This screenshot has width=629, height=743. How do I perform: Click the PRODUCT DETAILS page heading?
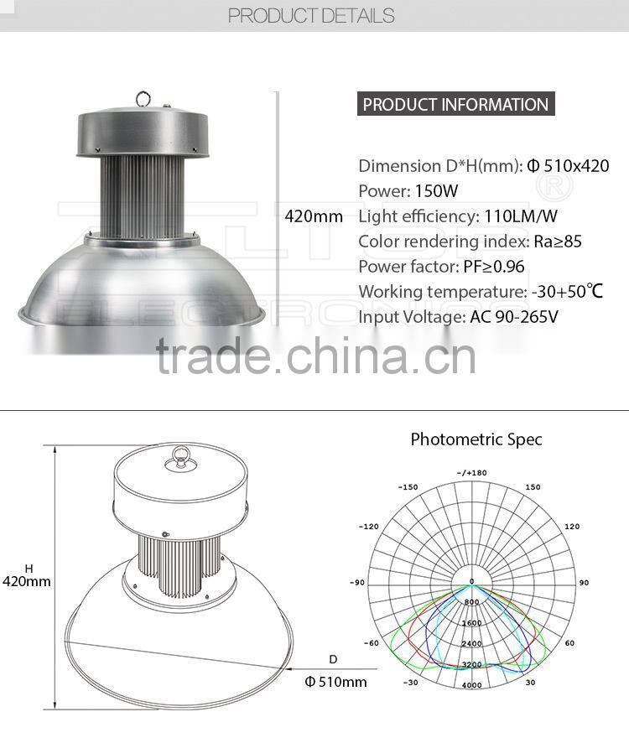pos(311,15)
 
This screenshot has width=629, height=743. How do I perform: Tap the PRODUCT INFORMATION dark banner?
pos(455,105)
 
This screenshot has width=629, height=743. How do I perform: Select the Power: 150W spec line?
pos(408,190)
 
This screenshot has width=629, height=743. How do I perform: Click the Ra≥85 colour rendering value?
pos(558,242)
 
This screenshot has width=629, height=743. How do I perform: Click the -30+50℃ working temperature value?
pos(567,292)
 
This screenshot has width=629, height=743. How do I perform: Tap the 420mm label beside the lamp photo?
pos(314,216)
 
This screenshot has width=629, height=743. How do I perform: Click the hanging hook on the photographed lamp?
pos(144,99)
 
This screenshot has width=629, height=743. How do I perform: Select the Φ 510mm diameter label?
pos(335,682)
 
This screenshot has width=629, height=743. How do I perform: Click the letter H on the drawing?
pos(28,568)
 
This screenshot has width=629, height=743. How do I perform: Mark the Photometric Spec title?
pos(476,439)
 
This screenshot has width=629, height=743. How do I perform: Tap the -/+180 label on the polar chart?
pos(471,473)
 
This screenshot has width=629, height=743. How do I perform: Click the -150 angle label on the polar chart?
pos(408,487)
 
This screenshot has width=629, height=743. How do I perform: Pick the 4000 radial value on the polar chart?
pos(471,686)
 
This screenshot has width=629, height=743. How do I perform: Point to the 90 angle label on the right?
pos(584,582)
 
